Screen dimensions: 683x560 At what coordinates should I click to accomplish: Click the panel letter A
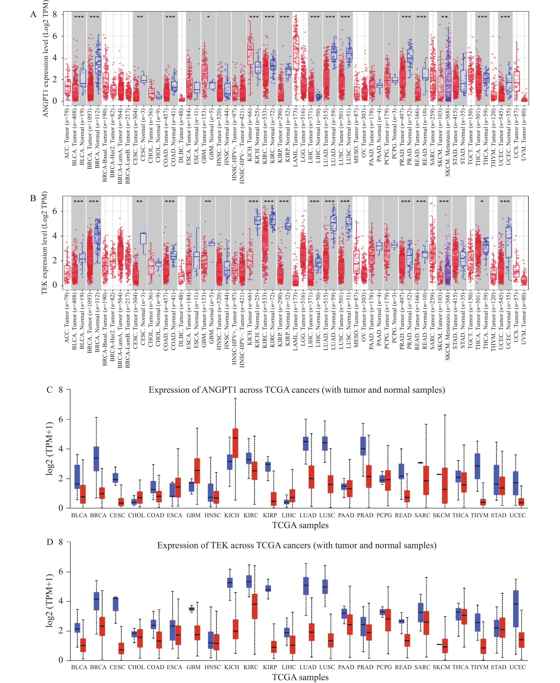click(x=33, y=14)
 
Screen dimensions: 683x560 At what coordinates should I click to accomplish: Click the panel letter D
click(x=50, y=542)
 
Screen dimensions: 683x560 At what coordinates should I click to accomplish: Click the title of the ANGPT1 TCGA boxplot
click(x=297, y=390)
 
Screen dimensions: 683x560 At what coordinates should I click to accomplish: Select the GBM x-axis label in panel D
click(x=194, y=667)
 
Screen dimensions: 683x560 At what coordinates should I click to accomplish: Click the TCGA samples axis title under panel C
click(x=300, y=525)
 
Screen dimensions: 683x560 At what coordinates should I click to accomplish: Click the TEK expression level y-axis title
click(x=44, y=243)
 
